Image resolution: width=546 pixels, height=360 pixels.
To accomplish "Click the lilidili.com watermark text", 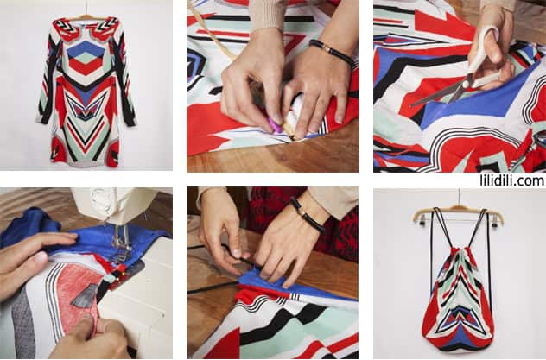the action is (511, 180).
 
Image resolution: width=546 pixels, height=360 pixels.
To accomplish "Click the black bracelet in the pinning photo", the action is (332, 51).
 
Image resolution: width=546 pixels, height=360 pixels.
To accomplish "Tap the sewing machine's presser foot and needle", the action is (120, 243).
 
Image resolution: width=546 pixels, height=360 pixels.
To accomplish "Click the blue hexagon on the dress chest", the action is (86, 49).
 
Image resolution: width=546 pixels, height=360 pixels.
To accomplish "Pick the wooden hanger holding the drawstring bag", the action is (458, 213).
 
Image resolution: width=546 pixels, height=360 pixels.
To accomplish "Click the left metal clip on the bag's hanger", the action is (422, 220).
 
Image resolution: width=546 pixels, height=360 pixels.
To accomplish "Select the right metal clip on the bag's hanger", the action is (494, 221).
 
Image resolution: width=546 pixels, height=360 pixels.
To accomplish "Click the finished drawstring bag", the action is (457, 299).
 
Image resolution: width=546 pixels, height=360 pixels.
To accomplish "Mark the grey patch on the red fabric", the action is (85, 296).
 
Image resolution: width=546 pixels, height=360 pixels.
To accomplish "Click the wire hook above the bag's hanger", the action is (460, 199).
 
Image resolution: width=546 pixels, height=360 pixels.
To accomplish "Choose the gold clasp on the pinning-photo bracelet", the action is (327, 50).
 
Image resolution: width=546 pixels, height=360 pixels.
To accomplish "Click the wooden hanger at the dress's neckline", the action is (86, 16).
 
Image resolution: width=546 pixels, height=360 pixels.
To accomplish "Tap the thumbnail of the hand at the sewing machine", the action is (41, 258).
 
